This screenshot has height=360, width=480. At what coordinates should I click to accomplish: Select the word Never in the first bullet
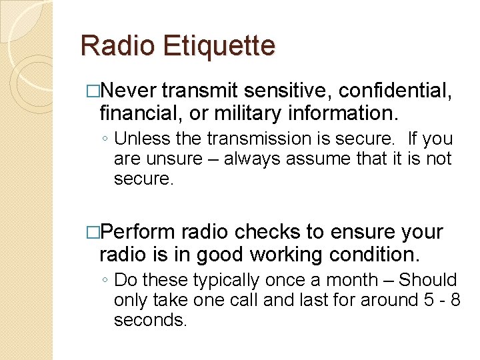tap(129, 90)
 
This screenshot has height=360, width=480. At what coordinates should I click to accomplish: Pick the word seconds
tap(150, 321)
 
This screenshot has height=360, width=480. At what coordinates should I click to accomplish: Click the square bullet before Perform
tap(92, 232)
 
